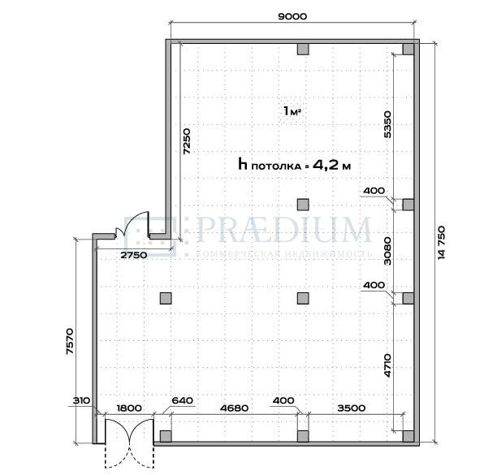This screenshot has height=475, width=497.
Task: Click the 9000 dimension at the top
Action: coord(292,16)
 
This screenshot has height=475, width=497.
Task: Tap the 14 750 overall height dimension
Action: coord(442,243)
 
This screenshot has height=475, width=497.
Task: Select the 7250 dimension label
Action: coord(188,141)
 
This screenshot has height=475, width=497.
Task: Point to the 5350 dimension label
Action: coord(387,124)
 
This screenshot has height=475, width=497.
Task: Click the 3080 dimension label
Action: coord(387,251)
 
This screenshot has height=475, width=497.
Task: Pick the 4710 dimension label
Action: coord(387,365)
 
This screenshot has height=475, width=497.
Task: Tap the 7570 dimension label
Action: coord(70,341)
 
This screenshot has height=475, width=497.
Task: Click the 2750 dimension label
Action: coord(134,255)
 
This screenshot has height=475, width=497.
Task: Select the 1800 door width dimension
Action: coord(129,408)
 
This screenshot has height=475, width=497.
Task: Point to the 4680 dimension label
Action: coord(234,408)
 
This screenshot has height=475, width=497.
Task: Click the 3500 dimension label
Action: coord(351,408)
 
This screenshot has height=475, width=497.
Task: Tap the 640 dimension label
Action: coord(182,400)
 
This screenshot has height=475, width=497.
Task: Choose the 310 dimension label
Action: coord(81,400)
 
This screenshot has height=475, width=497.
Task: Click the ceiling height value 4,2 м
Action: coord(331,165)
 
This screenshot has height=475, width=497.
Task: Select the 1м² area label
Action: coord(292,111)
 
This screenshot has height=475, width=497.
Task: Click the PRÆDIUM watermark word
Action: coord(283,230)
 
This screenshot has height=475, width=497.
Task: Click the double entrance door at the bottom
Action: coord(129,443)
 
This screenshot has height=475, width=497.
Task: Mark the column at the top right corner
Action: coord(408,49)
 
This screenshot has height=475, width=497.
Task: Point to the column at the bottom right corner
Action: coord(408,436)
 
